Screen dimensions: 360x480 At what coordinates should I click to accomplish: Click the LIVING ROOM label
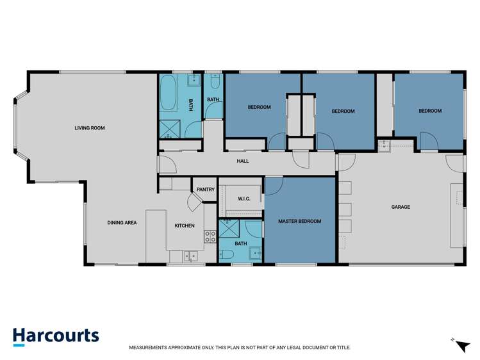pos(89,128)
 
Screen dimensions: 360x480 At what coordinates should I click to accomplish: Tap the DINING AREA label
pos(122,223)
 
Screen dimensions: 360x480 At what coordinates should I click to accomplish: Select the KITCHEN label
pos(185,225)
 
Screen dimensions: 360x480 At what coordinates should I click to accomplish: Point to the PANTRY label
pos(206,190)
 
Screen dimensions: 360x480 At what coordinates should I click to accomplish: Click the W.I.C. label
pos(244,199)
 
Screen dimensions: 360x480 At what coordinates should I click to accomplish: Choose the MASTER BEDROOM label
pos(299,221)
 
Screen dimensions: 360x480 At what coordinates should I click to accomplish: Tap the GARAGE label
pos(401,207)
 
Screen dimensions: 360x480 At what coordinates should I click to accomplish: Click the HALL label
pos(242,161)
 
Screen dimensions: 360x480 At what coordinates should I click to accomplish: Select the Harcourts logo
pos(56,336)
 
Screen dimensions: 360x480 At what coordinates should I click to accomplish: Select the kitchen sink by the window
pos(190,256)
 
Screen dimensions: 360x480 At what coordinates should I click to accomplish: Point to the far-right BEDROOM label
pos(430,111)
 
